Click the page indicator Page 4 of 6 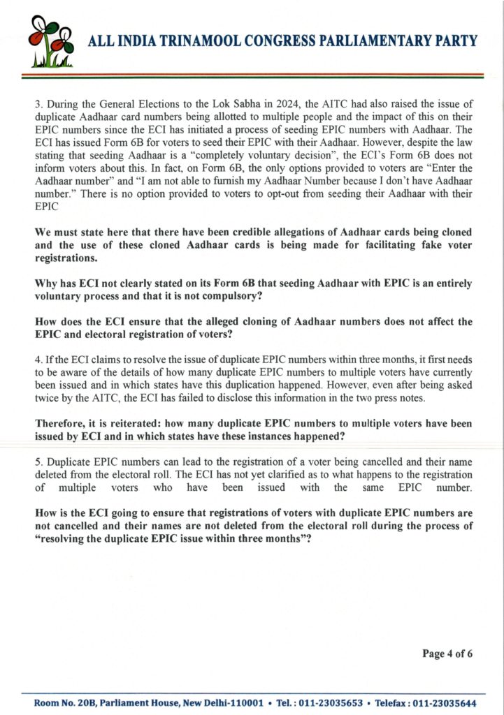click(x=447, y=654)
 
